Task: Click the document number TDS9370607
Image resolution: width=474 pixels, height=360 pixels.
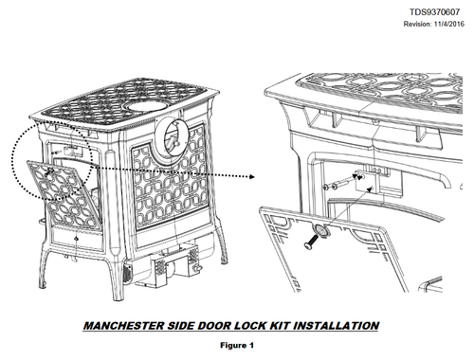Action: [434, 12]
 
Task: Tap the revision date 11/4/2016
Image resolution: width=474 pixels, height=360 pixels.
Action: [448, 24]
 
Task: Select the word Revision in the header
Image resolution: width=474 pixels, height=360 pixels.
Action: [417, 24]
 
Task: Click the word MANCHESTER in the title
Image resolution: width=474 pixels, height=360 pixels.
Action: [123, 326]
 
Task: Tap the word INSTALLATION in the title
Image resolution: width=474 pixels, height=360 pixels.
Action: [336, 326]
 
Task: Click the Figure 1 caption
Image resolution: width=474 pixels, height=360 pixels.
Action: [237, 345]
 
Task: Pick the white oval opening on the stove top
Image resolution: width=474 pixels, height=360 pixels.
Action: [147, 106]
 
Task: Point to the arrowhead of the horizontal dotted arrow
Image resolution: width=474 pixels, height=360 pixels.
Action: [252, 176]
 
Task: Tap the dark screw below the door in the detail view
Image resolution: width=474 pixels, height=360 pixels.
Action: [311, 242]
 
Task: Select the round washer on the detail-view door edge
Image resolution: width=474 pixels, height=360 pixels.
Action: [320, 229]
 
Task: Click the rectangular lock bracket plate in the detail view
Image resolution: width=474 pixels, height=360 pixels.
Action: [367, 181]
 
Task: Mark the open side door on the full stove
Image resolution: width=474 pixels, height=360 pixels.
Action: [64, 194]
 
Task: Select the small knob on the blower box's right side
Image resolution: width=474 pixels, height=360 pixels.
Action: [198, 268]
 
